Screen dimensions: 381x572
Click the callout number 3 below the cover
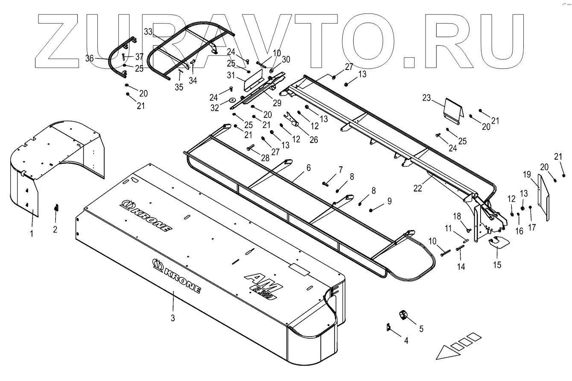[x=173, y=318]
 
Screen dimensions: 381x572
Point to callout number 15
[x=497, y=265]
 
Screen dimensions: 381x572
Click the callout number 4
[x=406, y=341]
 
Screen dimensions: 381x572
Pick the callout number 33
[x=148, y=32]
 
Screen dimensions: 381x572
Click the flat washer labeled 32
[x=232, y=100]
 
